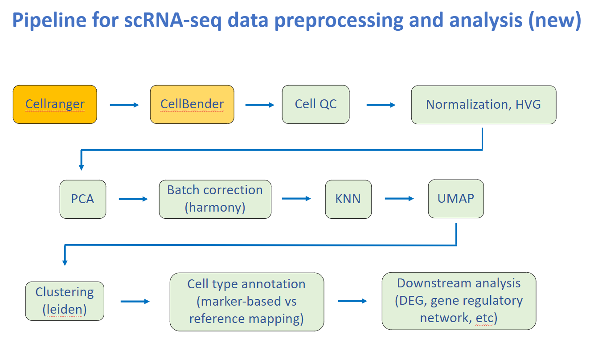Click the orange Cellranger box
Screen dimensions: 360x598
(x=55, y=104)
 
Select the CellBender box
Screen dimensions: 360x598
(x=192, y=104)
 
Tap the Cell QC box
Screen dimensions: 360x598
(x=315, y=104)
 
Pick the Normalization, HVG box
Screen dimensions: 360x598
(x=483, y=104)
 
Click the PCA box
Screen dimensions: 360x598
(x=83, y=199)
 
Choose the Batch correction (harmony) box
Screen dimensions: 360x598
(x=215, y=199)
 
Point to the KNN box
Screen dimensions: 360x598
(x=348, y=199)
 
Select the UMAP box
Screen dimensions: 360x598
(x=456, y=199)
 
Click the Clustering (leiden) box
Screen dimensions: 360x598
(x=65, y=301)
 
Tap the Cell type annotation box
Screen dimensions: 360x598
(x=246, y=302)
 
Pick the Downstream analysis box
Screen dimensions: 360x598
(x=459, y=301)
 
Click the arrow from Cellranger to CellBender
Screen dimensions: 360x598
(x=124, y=105)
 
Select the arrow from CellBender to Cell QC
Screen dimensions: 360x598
(x=260, y=105)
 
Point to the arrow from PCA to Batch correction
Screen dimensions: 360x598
(x=133, y=199)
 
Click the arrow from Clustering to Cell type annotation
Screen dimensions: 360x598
(x=135, y=302)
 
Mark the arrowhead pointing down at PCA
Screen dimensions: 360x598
(x=82, y=168)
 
